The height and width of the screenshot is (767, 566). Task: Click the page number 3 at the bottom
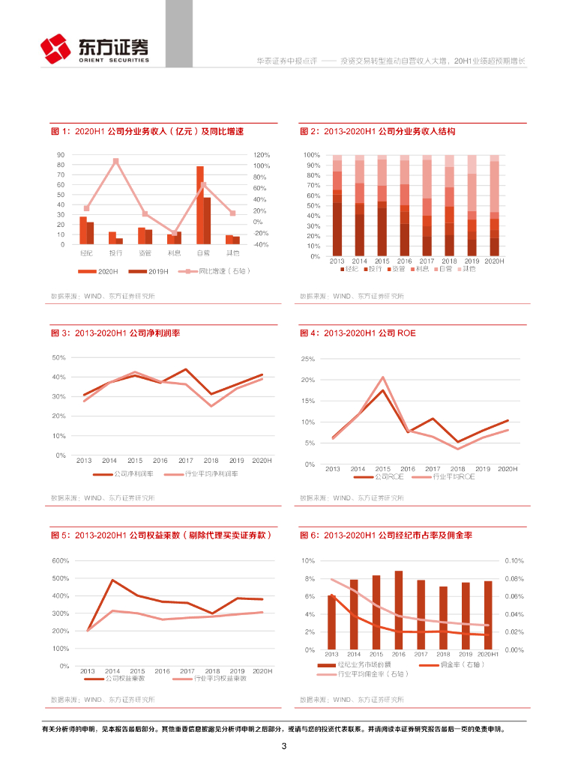[283, 746]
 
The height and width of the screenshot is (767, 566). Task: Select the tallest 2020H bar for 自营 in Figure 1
[200, 204]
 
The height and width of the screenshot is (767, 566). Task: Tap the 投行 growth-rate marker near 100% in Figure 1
[115, 161]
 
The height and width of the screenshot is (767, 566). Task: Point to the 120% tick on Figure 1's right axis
[261, 155]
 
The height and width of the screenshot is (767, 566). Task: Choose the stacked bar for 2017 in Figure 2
[427, 206]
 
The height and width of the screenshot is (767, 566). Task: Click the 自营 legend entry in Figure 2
[443, 268]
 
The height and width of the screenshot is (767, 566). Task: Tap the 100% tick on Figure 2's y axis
[312, 155]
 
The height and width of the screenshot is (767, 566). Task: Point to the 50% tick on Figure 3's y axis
[58, 357]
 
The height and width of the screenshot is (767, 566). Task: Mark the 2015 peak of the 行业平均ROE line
[382, 377]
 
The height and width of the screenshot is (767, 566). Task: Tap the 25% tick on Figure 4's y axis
[307, 360]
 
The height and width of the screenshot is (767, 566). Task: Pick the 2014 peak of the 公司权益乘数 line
[112, 580]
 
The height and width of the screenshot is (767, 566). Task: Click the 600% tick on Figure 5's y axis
[60, 561]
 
